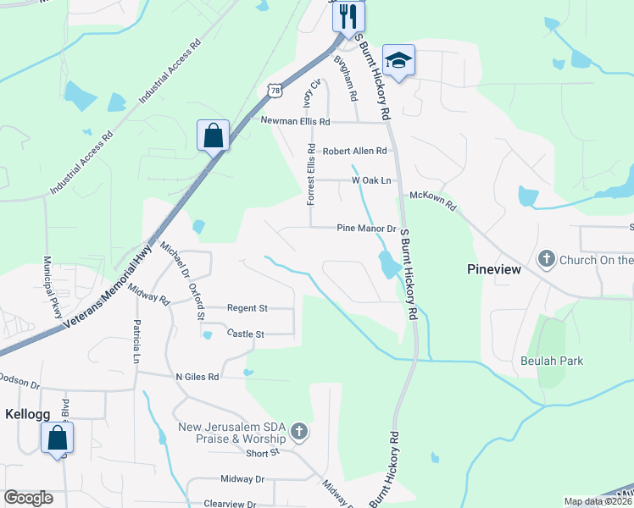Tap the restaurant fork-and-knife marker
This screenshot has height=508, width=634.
348,16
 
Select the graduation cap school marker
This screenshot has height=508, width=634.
398,60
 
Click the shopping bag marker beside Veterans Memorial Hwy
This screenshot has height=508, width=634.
213,135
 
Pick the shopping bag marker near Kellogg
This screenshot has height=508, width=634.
57,438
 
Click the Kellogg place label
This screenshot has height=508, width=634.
26,417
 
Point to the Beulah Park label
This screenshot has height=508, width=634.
552,361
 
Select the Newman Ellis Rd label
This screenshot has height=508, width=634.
294,121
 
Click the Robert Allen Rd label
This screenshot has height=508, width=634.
354,151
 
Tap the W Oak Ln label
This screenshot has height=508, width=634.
372,180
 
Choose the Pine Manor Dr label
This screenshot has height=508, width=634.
366,229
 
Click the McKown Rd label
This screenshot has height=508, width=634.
433,201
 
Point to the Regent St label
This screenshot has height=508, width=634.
247,307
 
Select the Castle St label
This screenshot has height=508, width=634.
246,334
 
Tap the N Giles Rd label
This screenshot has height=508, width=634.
197,376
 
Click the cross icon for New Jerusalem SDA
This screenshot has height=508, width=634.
298,433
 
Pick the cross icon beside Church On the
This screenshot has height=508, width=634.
548,259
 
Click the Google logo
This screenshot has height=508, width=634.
29,498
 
